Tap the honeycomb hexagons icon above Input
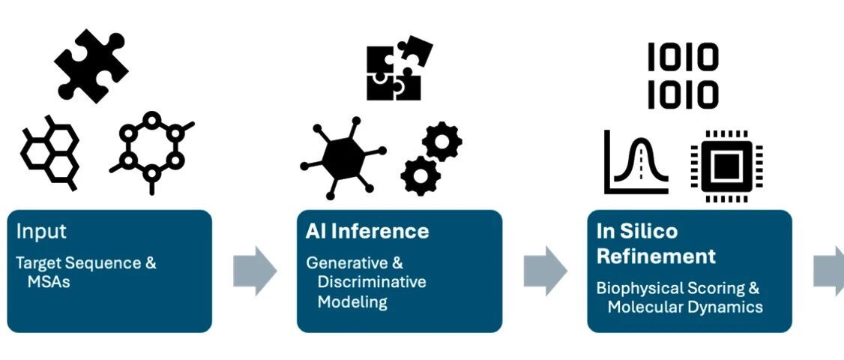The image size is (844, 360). coord(49,152)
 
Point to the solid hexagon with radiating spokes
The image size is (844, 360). coord(343,157)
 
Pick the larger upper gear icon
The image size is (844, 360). coord(441,141)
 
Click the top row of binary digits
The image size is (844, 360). coord(683,58)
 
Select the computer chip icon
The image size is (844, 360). coord(726,166)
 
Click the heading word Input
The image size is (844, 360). coord(41,232)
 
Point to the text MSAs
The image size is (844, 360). coord(49,281)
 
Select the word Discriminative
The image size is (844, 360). coord(372,282)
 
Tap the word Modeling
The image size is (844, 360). coord(352,301)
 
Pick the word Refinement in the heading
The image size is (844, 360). coord(656,256)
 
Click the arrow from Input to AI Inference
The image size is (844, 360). coord(255,271)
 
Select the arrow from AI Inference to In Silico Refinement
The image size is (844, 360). coord(545,271)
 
